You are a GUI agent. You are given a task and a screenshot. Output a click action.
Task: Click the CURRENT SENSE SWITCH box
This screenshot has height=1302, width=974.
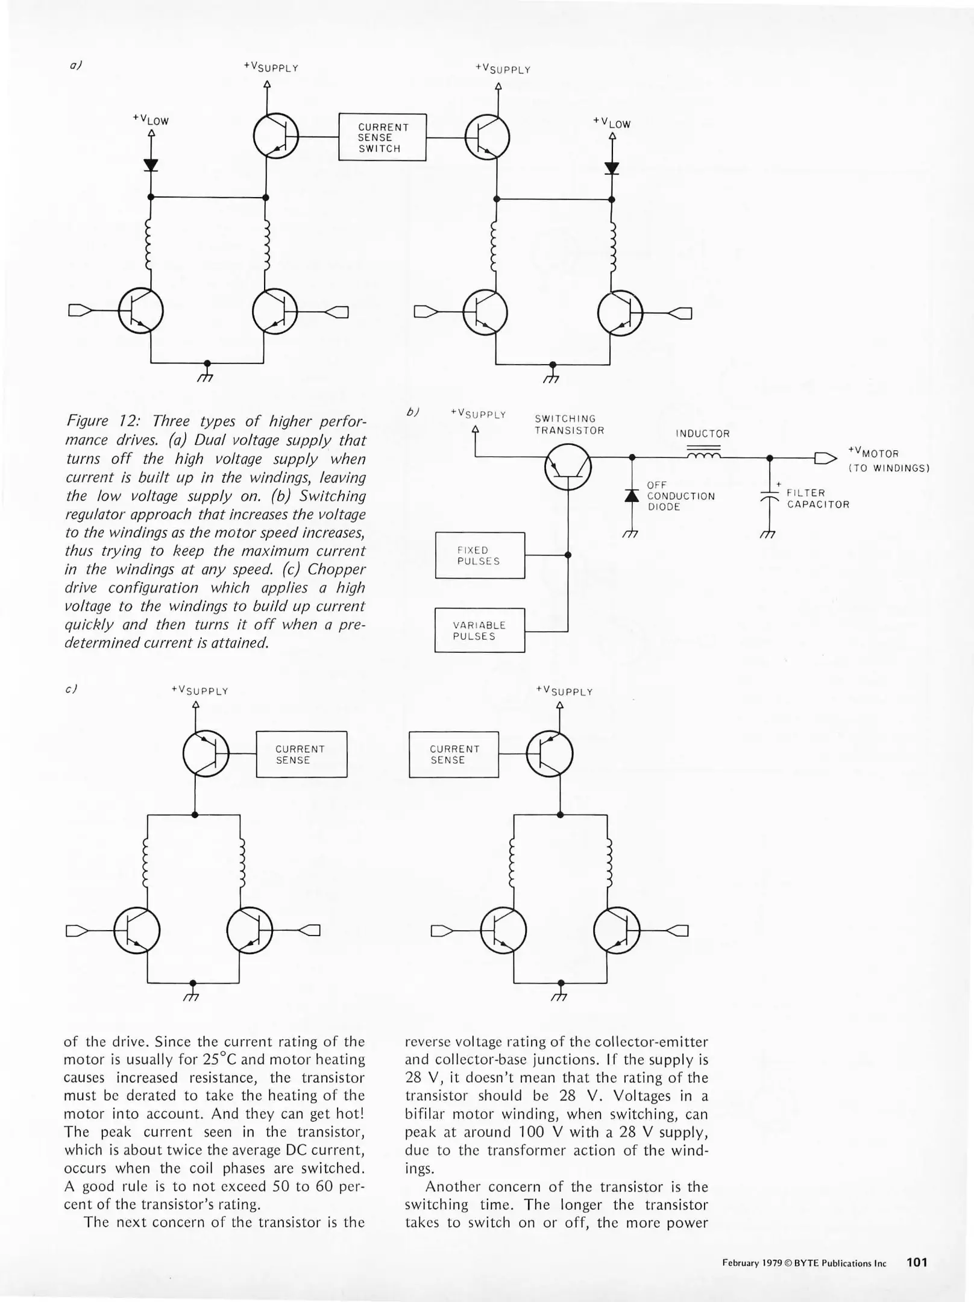click(382, 137)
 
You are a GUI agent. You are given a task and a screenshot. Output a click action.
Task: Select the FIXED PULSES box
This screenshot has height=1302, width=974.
click(480, 555)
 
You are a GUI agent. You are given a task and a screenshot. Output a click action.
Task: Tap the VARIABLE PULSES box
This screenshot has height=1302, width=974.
click(479, 631)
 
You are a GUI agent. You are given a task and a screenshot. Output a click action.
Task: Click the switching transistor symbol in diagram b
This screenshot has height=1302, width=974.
click(568, 467)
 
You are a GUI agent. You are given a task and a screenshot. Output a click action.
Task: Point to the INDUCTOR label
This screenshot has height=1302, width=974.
click(702, 434)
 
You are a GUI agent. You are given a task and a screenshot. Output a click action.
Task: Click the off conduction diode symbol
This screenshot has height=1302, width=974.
click(632, 496)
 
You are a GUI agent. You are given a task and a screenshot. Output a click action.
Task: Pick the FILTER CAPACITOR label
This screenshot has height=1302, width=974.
click(817, 499)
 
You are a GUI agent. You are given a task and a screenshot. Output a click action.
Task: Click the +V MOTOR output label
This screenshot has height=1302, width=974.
click(873, 453)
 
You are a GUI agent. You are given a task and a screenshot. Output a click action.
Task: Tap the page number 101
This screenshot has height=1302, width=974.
click(917, 1262)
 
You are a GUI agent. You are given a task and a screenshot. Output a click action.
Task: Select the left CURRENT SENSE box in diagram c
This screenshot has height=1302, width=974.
click(301, 754)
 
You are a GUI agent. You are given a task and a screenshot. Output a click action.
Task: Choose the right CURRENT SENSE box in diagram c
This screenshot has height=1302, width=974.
click(454, 755)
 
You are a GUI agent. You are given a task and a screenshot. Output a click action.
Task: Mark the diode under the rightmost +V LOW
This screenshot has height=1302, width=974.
click(612, 168)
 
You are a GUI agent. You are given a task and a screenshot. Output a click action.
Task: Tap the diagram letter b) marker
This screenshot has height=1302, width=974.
click(412, 412)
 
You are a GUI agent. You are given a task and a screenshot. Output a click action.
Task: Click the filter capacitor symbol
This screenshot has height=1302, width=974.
click(770, 495)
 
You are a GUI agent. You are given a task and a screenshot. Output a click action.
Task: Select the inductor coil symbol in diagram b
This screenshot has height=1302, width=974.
click(703, 455)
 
